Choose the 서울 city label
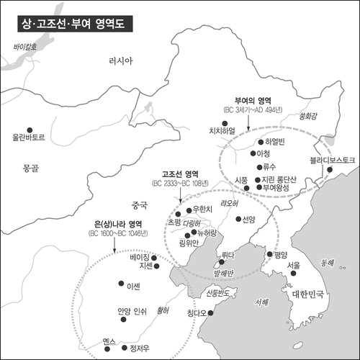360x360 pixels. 293,265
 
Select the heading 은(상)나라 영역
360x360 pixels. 115,224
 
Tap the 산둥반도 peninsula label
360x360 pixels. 220,293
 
